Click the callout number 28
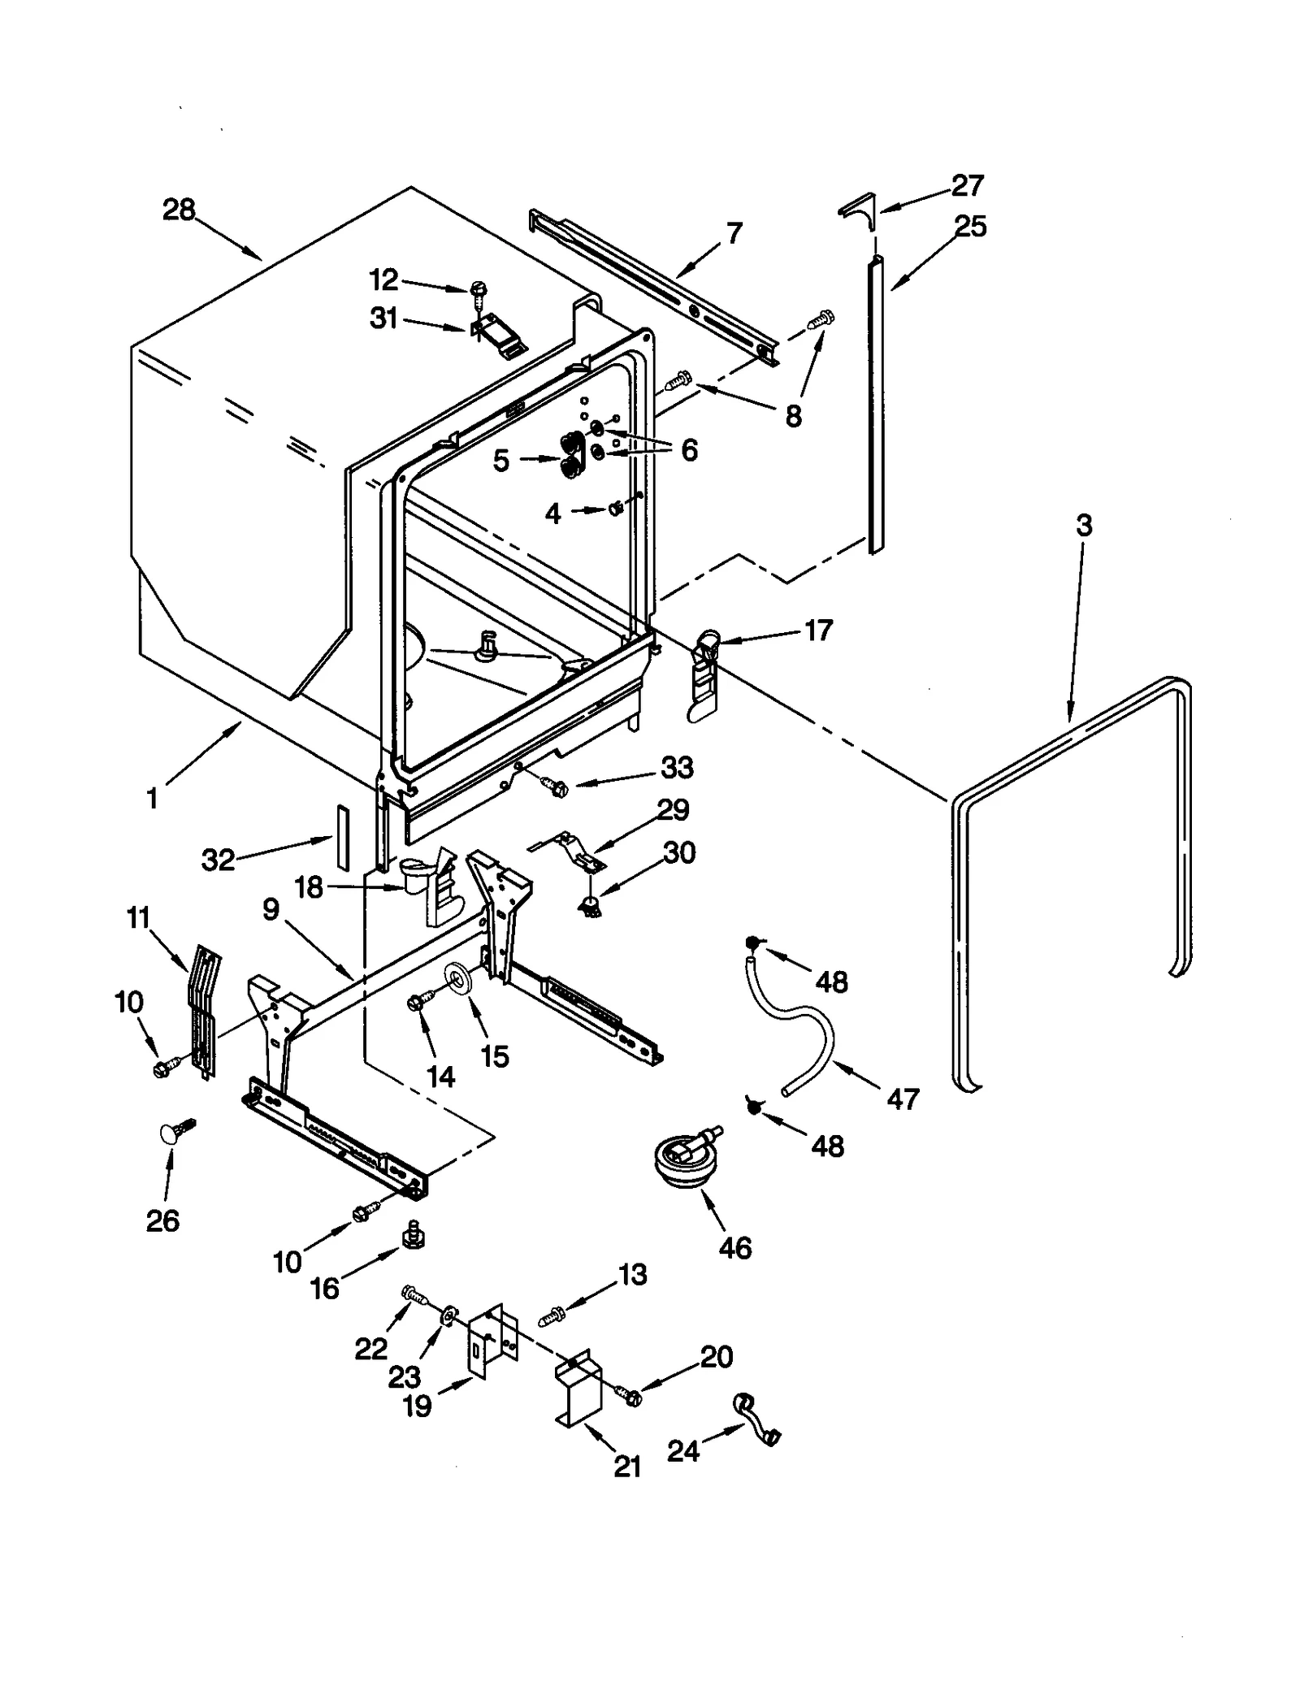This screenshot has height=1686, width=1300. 179,210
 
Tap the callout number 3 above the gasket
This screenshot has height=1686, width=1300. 1084,526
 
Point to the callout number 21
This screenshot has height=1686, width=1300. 627,1467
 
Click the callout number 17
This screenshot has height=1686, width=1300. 818,630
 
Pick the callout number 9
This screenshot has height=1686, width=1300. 271,909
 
